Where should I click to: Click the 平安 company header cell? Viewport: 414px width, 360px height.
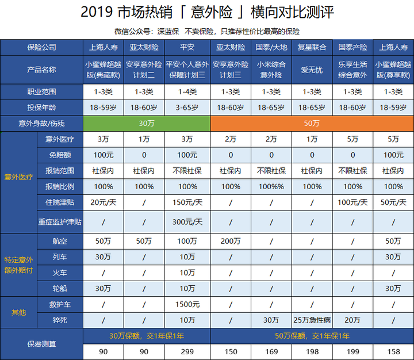click(x=187, y=47)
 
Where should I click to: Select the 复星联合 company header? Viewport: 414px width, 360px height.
click(x=312, y=47)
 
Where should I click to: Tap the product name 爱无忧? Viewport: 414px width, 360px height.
click(x=312, y=69)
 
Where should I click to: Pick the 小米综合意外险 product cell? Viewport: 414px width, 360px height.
click(x=271, y=69)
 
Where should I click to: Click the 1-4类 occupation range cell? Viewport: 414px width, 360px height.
click(x=187, y=91)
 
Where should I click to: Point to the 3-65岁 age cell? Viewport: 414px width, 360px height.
click(x=187, y=107)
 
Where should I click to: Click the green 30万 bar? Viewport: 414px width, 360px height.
click(x=147, y=123)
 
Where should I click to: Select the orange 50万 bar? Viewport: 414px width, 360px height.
click(x=312, y=123)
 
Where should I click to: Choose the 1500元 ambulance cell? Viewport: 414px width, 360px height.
click(x=187, y=304)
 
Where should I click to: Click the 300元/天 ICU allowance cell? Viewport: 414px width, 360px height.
click(x=187, y=222)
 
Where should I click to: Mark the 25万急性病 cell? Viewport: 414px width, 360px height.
click(x=312, y=320)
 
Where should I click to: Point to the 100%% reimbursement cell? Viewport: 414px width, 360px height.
click(x=271, y=187)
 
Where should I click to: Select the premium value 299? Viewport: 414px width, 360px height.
click(x=187, y=351)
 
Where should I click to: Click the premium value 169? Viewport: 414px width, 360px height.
click(x=271, y=351)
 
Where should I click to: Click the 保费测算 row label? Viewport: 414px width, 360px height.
click(x=41, y=344)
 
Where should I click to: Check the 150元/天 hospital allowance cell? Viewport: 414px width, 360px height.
click(x=187, y=202)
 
